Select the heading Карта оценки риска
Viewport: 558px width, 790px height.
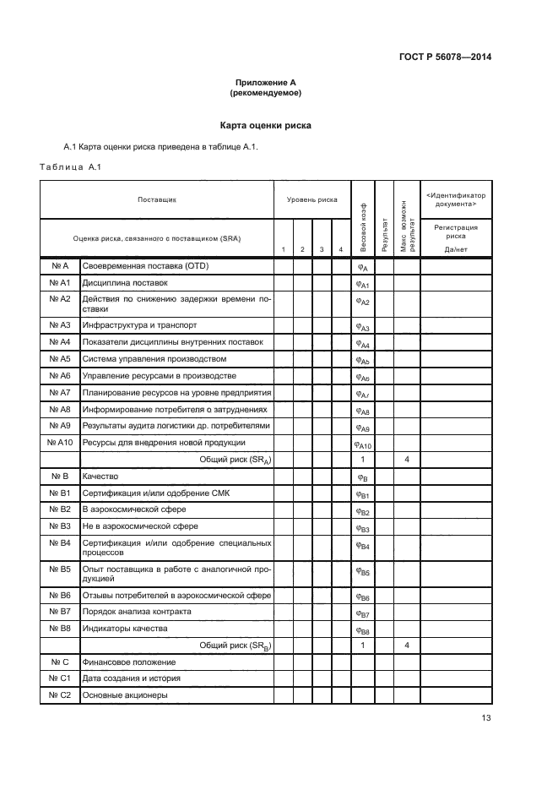[265, 125]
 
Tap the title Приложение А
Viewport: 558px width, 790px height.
[265, 82]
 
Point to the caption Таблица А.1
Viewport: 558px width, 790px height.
[71, 167]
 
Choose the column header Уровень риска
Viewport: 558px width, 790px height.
[312, 200]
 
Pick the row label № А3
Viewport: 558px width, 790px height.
[59, 326]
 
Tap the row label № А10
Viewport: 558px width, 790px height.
[59, 443]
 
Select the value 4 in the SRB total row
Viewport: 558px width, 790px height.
[407, 646]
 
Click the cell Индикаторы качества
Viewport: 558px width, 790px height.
[125, 629]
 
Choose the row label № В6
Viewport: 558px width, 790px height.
[59, 596]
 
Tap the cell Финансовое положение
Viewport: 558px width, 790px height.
[128, 662]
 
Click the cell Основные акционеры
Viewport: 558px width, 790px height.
[125, 695]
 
